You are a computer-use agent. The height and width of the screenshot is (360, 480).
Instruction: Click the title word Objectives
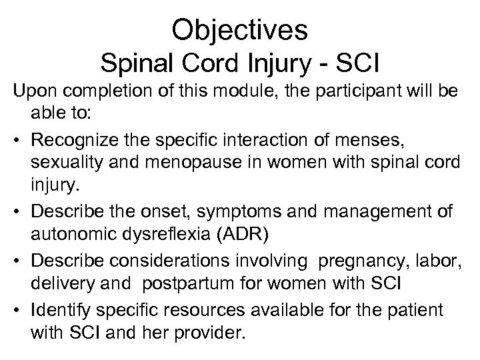(x=239, y=29)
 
